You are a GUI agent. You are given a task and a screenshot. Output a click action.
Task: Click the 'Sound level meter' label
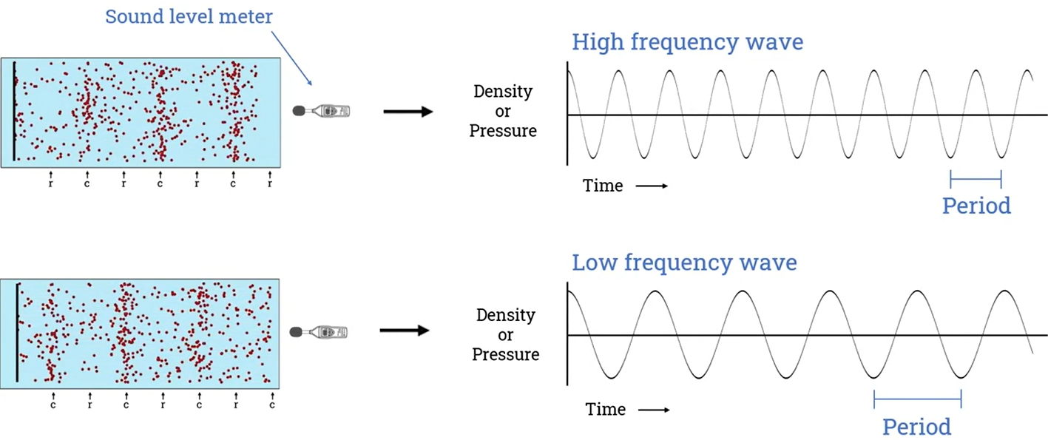(189, 16)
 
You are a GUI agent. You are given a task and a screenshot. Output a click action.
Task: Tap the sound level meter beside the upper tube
(322, 112)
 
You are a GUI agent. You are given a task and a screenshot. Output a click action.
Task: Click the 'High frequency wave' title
(687, 42)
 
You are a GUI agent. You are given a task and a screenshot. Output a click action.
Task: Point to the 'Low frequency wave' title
(684, 263)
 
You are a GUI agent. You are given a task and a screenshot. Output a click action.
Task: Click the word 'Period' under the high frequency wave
(976, 206)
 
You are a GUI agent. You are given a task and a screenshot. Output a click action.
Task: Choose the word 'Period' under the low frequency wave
(916, 427)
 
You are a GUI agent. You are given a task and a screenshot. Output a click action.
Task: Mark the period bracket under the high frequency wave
(976, 178)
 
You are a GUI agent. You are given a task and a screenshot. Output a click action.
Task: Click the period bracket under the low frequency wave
(917, 400)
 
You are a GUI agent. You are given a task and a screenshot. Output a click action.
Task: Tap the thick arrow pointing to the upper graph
(408, 112)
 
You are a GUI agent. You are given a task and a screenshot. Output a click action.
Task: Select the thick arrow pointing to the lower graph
(405, 331)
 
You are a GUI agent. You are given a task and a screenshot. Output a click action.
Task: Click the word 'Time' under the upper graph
(603, 186)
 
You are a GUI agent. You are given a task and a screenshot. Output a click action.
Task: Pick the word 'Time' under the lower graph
(606, 409)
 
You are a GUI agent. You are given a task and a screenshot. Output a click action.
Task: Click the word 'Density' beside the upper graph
(503, 92)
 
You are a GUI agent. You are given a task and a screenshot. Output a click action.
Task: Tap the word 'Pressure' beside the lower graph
(505, 355)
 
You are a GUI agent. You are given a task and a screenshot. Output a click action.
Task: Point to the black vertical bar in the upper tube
(13, 111)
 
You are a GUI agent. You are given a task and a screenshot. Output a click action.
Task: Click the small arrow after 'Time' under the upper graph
(652, 186)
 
